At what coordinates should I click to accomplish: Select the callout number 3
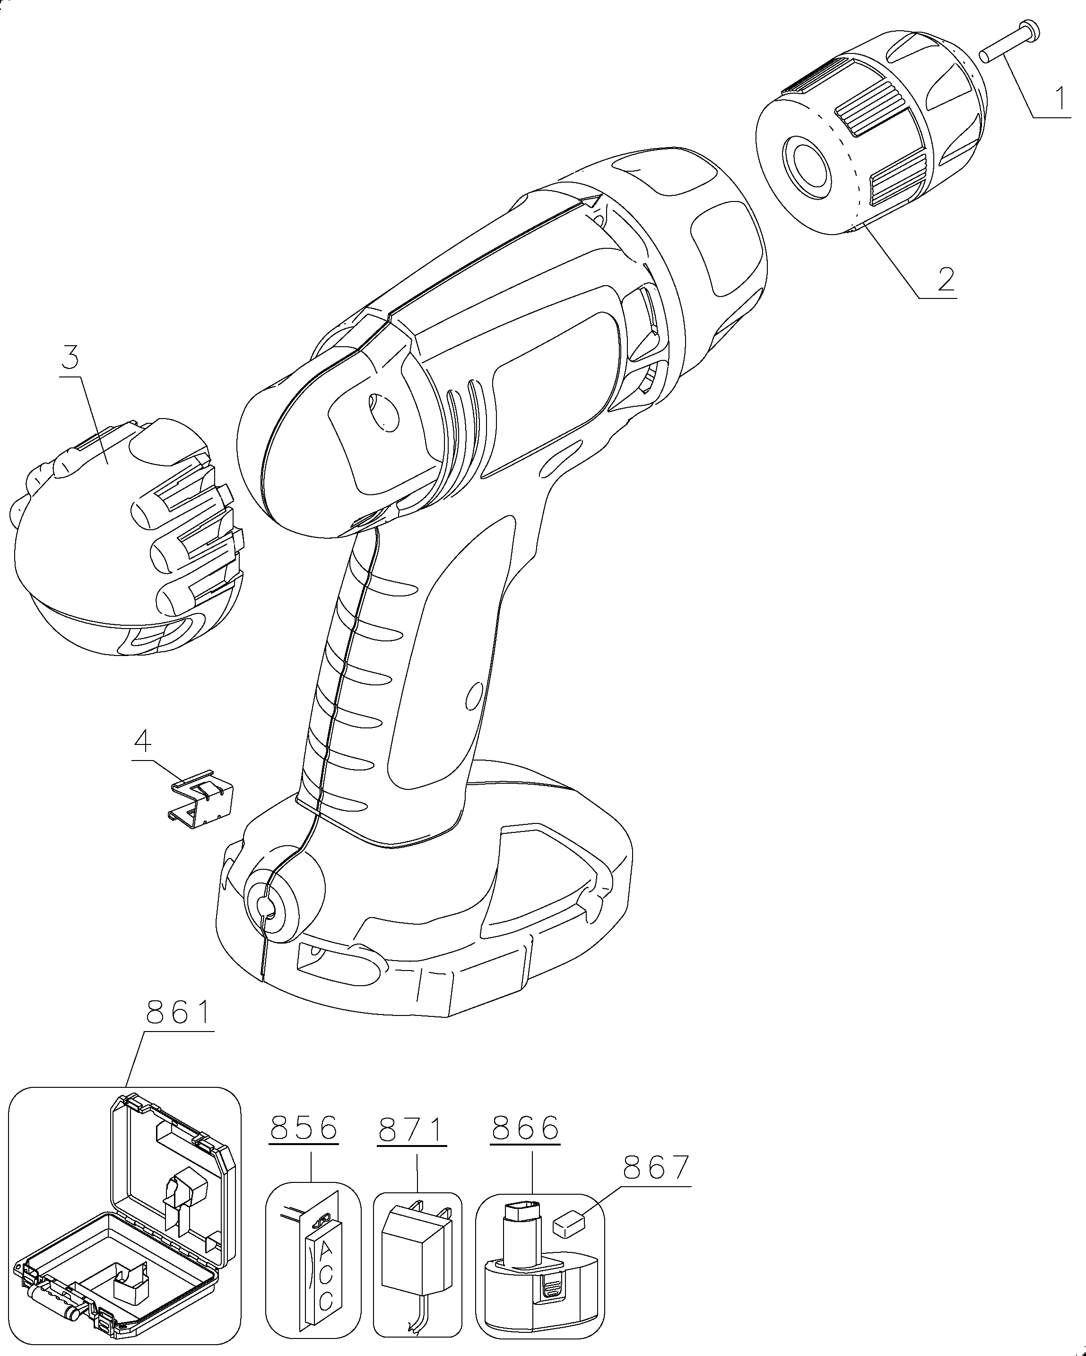pos(70,358)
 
